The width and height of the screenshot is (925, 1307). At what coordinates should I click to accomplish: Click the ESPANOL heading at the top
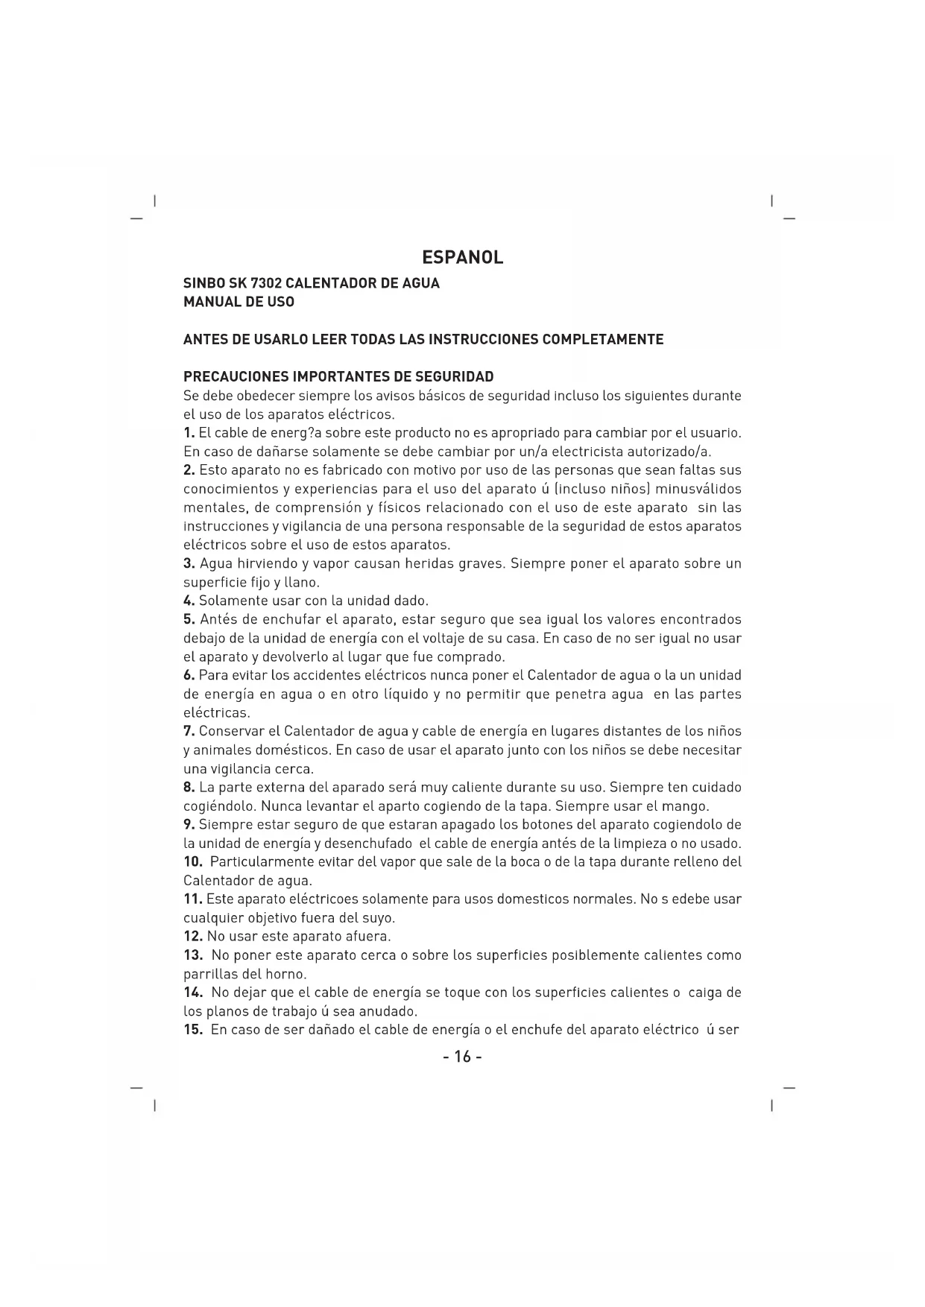pos(462,258)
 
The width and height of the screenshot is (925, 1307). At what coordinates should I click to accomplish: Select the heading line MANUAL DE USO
pos(239,302)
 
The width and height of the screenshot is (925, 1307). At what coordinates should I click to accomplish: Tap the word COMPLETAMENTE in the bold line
pos(602,340)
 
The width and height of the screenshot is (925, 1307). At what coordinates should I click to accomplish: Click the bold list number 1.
pos(189,433)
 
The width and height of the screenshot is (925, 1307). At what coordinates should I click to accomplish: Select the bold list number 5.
pos(189,620)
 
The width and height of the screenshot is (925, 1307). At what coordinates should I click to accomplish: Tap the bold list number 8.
pos(189,788)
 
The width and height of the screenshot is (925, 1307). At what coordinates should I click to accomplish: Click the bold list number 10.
pos(193,862)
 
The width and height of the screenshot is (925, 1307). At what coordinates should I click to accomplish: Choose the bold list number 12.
pos(193,937)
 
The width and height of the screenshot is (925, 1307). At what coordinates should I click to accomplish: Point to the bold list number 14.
pos(193,993)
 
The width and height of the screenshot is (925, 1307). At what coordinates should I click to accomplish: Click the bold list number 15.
pos(193,1030)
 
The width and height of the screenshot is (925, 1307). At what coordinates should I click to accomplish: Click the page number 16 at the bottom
pos(462,1057)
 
